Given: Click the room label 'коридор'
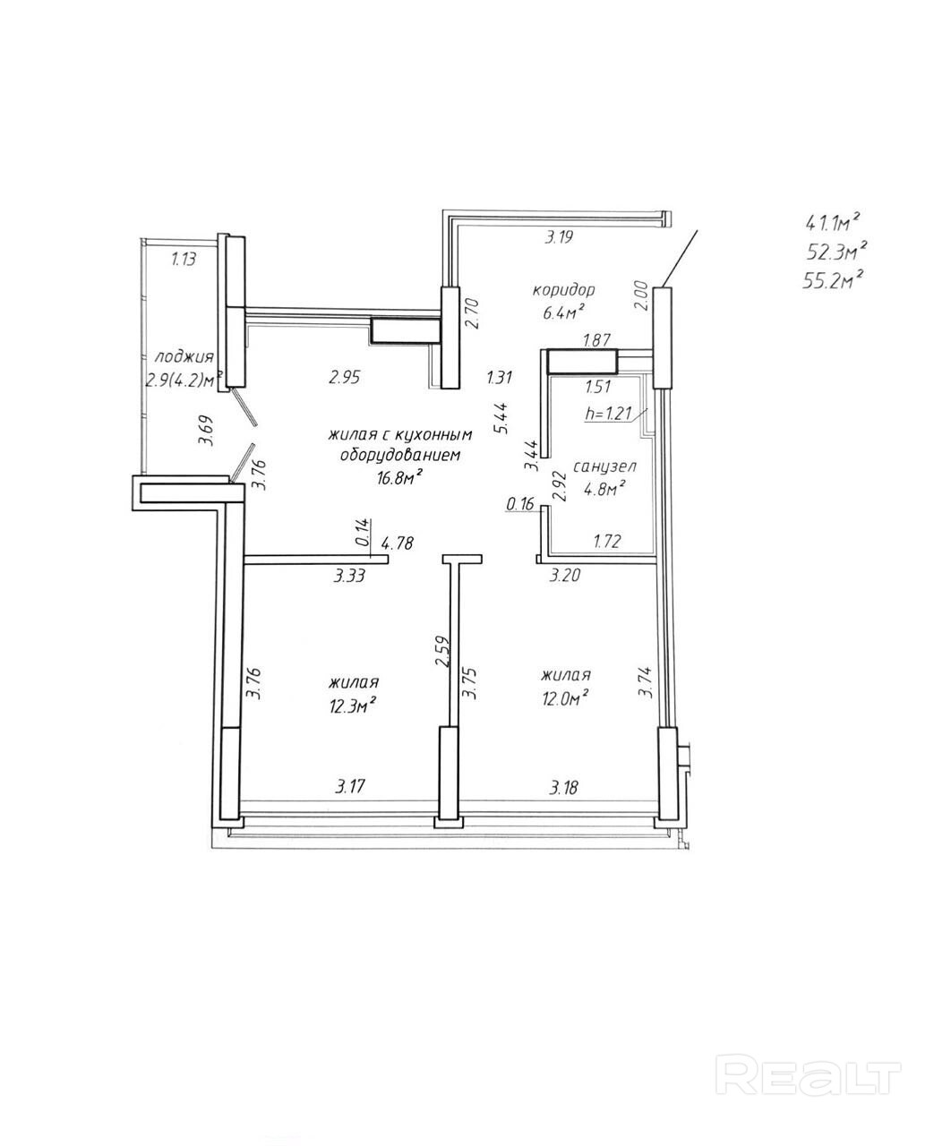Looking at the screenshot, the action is tap(563, 290).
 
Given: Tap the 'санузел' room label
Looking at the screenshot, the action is tap(604, 466).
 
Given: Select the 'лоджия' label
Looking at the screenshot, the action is tap(184, 358).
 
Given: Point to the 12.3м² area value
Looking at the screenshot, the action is tap(352, 706).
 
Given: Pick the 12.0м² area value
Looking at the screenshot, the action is tap(565, 698).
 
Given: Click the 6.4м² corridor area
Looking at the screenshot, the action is tap(561, 312).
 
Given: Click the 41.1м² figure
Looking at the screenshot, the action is tap(832, 223).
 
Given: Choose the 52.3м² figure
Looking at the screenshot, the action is tap(836, 252).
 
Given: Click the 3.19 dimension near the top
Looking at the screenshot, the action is tap(559, 237).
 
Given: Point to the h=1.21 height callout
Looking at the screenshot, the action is tap(609, 414).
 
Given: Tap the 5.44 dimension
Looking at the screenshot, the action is tap(501, 418).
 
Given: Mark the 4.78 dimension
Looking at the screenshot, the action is tap(398, 543).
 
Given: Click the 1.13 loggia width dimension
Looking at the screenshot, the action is tap(184, 259).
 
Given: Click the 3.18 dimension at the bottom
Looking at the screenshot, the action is tap(563, 788).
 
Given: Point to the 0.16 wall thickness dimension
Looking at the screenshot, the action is tap(520, 503).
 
